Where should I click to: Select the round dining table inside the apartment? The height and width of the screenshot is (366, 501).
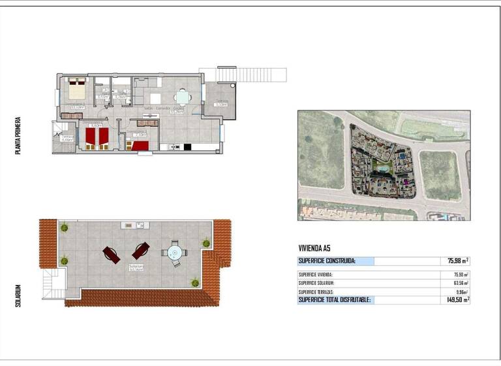[x=182, y=97]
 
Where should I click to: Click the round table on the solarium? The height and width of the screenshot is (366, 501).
[x=175, y=252]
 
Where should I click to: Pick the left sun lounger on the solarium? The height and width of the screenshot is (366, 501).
[x=111, y=254]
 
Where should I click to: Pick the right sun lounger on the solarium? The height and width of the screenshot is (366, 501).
[x=141, y=250]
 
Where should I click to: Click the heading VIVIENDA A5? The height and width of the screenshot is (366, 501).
[x=314, y=248]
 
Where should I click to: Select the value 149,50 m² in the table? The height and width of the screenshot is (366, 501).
[x=455, y=299]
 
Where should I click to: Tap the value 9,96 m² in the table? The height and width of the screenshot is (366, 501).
[x=461, y=291]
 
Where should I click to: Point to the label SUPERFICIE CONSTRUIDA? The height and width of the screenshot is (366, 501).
[x=327, y=261]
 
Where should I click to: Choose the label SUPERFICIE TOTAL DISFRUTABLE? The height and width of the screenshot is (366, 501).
[x=334, y=299]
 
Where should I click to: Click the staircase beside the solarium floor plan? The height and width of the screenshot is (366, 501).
[x=50, y=286]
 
